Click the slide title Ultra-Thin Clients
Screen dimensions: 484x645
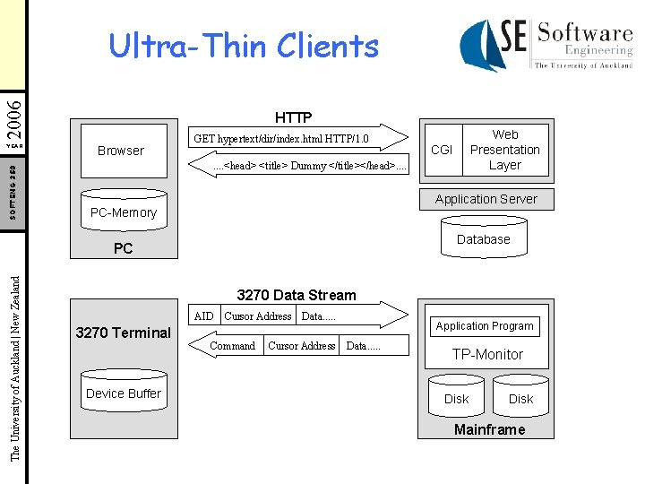point(244,46)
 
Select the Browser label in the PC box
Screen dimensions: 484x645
point(121,151)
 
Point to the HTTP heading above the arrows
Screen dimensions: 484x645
point(293,117)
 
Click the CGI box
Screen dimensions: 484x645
point(442,150)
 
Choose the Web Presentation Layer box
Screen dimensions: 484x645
point(504,150)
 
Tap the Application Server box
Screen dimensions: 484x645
point(486,199)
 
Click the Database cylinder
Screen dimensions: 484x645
point(483,239)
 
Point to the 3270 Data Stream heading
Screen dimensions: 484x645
point(296,295)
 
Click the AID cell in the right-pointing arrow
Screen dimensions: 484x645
point(204,315)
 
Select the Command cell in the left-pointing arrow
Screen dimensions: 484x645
point(232,346)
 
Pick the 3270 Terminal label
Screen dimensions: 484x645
point(123,333)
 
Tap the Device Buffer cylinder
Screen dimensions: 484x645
point(123,393)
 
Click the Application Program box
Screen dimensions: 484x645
point(485,326)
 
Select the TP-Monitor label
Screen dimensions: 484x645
point(487,354)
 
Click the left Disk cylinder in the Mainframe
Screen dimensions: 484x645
point(456,398)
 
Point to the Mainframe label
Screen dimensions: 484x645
point(489,429)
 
